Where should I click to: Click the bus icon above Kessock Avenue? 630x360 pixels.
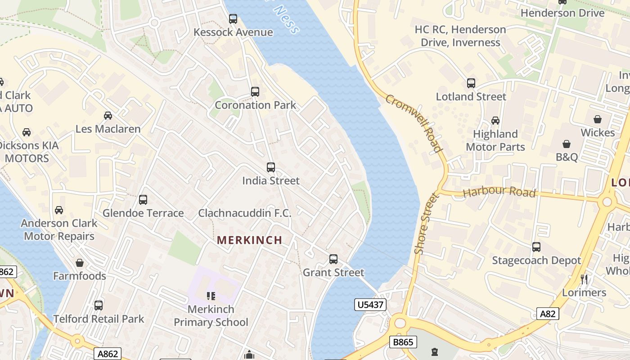tap(233, 19)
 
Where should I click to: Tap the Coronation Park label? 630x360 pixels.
tap(255, 105)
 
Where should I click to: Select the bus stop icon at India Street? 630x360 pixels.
tap(271, 167)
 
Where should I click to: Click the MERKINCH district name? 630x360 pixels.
tap(249, 240)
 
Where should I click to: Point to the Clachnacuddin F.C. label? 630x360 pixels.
tap(245, 213)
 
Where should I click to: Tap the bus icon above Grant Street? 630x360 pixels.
tap(333, 259)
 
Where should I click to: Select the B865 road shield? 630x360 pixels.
tap(403, 342)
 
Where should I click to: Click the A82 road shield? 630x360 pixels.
tap(548, 314)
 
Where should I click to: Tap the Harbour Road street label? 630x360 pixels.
tap(499, 192)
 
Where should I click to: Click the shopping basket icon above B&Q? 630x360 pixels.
tap(567, 144)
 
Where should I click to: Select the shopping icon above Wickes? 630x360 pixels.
tap(598, 119)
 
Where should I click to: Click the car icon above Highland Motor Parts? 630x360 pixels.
tap(495, 121)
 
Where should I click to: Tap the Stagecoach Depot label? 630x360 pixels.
tap(536, 261)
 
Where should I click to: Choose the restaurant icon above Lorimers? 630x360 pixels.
tap(584, 279)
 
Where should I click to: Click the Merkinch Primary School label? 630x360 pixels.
tap(211, 316)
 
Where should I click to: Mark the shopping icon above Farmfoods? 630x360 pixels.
tap(80, 263)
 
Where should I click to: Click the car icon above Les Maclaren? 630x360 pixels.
tap(108, 116)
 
